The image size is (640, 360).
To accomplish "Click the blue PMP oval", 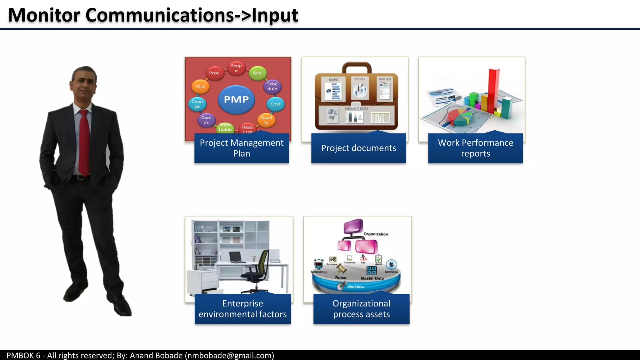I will click(x=236, y=100).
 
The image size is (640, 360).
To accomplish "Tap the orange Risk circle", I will click(x=200, y=87).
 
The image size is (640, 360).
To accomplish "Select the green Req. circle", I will click(x=258, y=73).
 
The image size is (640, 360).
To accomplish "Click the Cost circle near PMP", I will click(x=275, y=104).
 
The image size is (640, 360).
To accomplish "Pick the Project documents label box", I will click(x=358, y=148).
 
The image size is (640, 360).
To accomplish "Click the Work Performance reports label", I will click(x=475, y=148).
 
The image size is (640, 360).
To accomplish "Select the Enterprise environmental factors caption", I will click(x=242, y=309).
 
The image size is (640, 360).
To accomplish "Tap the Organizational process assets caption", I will click(x=361, y=309).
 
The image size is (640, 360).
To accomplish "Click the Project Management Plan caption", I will click(x=242, y=148).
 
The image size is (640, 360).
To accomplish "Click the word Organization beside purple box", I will click(x=376, y=234).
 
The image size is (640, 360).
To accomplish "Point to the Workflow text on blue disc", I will click(x=356, y=287).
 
